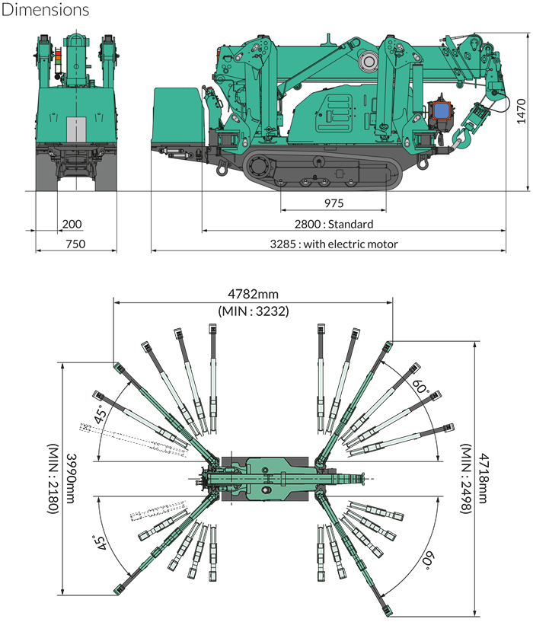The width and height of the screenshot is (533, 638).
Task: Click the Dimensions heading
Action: (46, 10)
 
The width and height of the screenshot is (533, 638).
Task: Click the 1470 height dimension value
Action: (521, 111)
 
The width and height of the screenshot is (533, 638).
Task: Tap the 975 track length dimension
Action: (334, 203)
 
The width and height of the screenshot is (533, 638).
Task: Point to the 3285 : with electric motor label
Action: (334, 244)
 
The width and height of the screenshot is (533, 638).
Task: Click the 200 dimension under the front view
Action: (72, 224)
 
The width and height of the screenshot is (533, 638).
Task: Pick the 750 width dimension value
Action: (75, 244)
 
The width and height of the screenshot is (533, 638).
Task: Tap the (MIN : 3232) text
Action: (254, 311)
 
